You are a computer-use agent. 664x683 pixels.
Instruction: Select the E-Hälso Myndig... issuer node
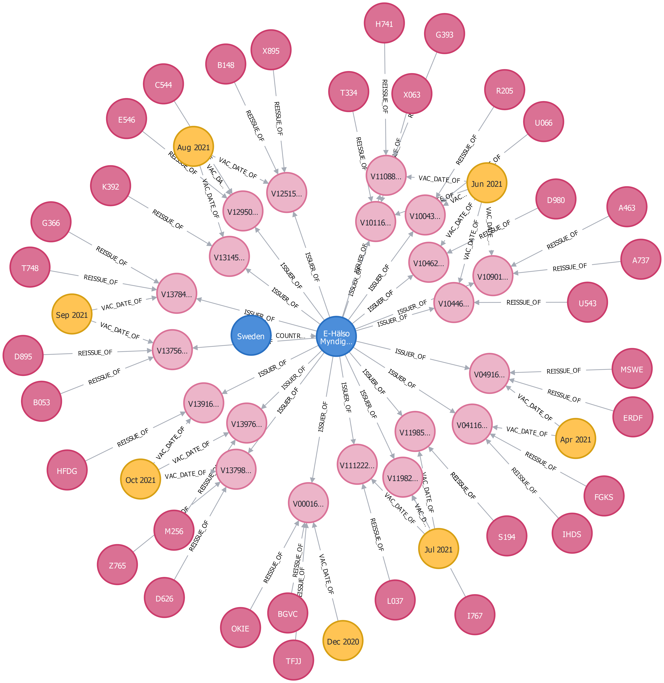336,336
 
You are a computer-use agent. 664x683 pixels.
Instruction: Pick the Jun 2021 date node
486,183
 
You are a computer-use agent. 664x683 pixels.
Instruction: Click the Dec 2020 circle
343,641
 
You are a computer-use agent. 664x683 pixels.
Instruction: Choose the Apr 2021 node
575,439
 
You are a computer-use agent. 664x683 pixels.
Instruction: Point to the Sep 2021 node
72,314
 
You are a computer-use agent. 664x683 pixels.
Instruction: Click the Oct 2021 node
141,479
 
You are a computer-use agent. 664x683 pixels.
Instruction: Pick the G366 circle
51,222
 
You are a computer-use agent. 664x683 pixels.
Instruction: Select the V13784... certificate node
176,294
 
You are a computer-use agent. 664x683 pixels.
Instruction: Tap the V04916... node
489,374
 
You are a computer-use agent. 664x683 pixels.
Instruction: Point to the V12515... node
287,193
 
